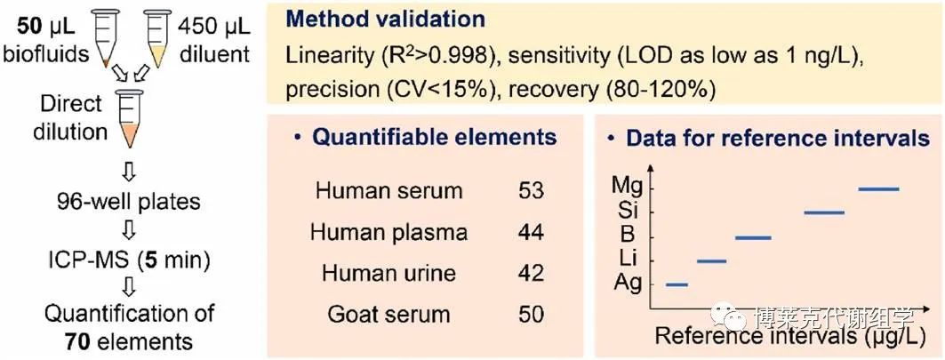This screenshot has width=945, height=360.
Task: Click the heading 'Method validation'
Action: click(x=386, y=20)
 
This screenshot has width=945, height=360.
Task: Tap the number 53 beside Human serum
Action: click(x=531, y=191)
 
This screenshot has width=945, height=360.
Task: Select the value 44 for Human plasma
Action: click(x=531, y=232)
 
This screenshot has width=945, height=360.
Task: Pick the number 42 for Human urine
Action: click(x=531, y=273)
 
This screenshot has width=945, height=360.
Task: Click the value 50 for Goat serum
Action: click(x=531, y=314)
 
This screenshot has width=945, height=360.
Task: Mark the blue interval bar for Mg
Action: click(x=878, y=188)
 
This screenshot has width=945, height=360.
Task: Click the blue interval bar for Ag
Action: click(x=677, y=284)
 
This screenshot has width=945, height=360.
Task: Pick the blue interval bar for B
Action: click(x=753, y=237)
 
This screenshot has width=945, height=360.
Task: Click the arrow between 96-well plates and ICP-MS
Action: click(x=129, y=229)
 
